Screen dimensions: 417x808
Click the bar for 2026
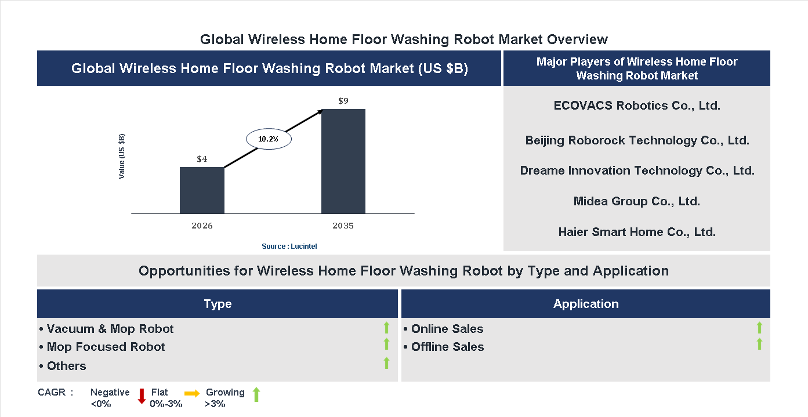click(202, 190)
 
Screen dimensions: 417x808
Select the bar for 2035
click(343, 161)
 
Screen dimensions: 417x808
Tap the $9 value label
click(343, 101)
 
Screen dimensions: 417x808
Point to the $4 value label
click(202, 159)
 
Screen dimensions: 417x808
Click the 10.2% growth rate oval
click(269, 139)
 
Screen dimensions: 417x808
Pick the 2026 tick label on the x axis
click(202, 226)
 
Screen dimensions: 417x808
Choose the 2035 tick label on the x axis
click(343, 226)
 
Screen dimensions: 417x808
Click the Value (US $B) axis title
click(122, 156)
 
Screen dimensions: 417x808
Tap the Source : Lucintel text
click(289, 246)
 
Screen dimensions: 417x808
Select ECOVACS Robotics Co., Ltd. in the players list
click(637, 106)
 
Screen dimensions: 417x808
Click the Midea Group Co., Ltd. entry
click(637, 201)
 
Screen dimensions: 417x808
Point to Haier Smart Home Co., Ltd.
click(637, 232)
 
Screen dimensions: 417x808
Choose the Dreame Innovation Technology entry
click(637, 171)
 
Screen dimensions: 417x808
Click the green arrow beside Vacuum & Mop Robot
click(386, 328)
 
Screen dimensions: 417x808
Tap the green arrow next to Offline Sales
click(759, 345)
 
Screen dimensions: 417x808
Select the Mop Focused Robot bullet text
click(106, 347)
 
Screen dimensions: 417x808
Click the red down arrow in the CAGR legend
click(142, 396)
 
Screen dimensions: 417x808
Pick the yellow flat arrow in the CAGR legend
click(192, 393)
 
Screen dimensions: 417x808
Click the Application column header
click(586, 304)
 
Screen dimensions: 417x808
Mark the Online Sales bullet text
click(447, 329)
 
